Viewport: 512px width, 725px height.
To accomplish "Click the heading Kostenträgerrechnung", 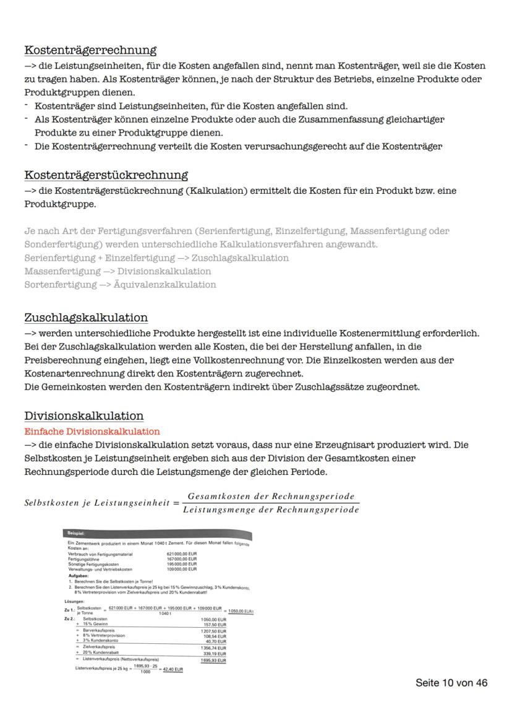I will [90, 50].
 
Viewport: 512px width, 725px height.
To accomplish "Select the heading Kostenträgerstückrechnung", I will [106, 175].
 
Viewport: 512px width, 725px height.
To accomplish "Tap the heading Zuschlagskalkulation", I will [86, 318].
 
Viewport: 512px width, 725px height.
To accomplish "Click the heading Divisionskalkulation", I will [83, 415].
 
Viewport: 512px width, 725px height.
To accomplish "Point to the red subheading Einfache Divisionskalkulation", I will [92, 431].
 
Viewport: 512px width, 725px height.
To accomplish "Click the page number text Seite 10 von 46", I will [451, 683].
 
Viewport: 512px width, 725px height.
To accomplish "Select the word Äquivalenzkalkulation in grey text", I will [164, 285].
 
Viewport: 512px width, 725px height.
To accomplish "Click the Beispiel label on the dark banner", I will [77, 533].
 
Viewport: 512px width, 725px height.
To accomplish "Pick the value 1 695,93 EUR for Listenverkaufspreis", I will [213, 661].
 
